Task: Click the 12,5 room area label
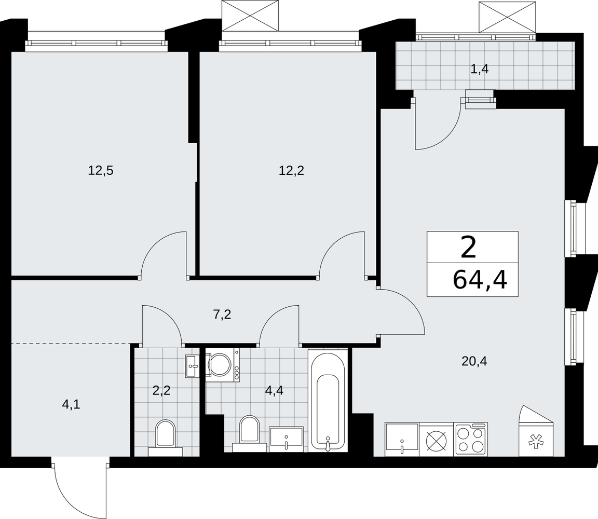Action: tap(101, 170)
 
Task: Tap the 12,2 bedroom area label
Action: tap(291, 170)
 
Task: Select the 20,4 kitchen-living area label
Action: tap(474, 361)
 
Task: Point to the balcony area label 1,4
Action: tap(480, 70)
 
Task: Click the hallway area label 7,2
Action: tap(222, 315)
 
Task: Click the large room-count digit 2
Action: tap(469, 247)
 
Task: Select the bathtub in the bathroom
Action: tap(328, 400)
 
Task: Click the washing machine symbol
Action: tap(222, 365)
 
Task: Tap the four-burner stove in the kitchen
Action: tap(471, 439)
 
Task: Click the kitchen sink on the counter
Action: tap(402, 439)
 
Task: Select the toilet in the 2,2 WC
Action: tap(166, 438)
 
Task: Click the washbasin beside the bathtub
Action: tap(287, 439)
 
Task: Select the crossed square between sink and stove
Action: tap(436, 439)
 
